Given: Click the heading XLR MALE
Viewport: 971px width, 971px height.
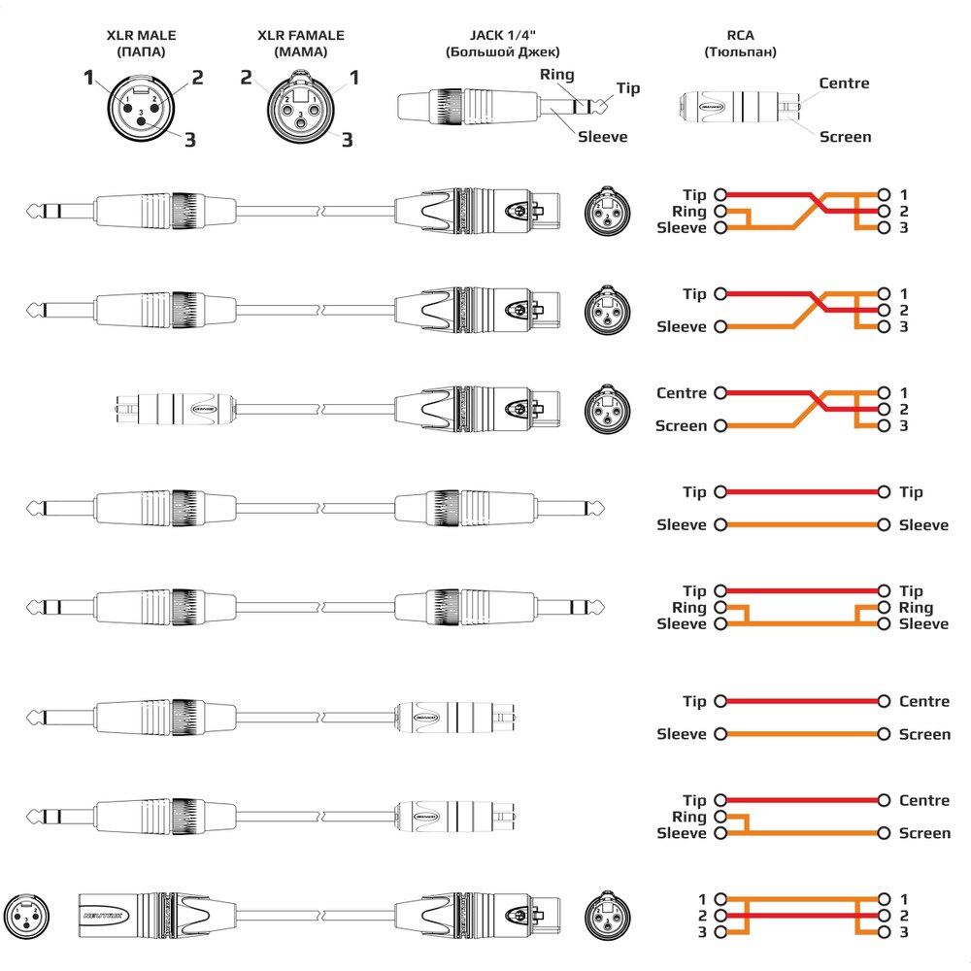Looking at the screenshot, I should click(142, 36).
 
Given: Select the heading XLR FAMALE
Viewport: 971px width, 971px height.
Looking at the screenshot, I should click(300, 36).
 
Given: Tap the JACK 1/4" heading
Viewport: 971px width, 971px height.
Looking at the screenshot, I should click(503, 36).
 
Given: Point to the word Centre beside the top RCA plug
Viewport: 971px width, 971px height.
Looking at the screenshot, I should click(844, 84).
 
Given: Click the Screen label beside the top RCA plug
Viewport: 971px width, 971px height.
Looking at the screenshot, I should click(845, 137).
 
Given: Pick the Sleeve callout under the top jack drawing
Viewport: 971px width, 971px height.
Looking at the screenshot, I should click(602, 137).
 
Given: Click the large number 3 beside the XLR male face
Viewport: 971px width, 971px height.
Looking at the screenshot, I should click(189, 140).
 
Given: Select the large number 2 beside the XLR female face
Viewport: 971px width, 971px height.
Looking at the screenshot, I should click(247, 77).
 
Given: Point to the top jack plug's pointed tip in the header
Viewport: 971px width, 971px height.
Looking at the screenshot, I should click(603, 103).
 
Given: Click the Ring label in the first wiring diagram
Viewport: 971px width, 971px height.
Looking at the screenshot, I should click(688, 212).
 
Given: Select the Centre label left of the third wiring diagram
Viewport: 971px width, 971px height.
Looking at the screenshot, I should click(682, 393).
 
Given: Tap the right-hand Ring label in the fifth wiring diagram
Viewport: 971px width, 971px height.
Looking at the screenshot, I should click(916, 608).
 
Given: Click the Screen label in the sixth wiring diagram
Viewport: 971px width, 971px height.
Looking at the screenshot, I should click(924, 734).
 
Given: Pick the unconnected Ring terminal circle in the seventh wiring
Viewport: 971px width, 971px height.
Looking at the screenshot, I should click(720, 818).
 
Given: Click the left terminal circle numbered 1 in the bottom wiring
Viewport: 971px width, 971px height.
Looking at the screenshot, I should click(720, 899).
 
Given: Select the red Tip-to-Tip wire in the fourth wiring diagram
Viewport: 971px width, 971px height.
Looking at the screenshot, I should click(802, 492).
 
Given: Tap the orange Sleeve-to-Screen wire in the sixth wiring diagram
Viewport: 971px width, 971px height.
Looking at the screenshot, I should click(802, 734).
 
